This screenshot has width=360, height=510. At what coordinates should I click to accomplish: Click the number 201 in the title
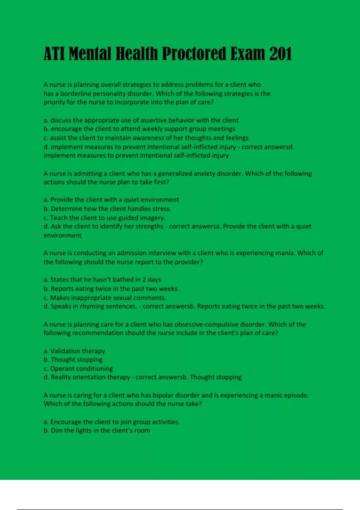point(280,54)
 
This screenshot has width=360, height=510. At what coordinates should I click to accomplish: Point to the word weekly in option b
point(152,129)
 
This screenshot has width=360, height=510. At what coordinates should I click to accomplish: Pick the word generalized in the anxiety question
point(180,174)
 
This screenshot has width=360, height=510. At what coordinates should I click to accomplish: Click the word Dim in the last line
point(56,430)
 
